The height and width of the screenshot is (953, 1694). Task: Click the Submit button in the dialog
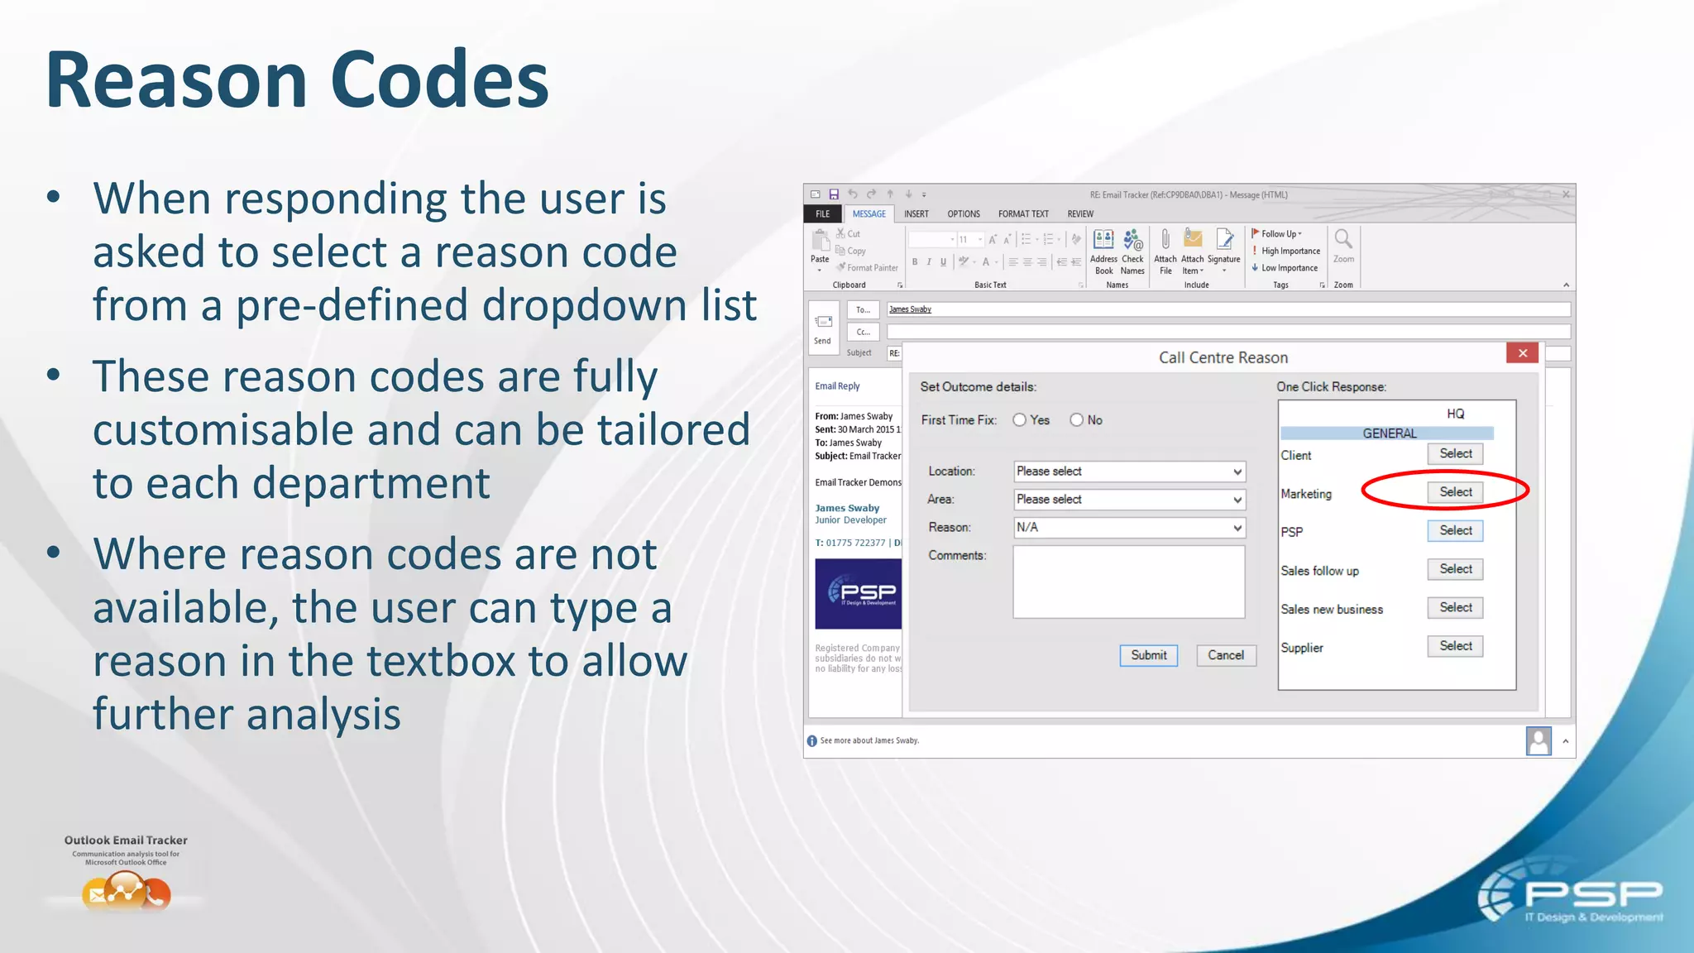pyautogui.click(x=1148, y=655)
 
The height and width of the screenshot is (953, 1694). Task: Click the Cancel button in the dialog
pyautogui.click(x=1225, y=655)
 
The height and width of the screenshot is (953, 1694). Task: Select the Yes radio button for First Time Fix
pyautogui.click(x=1020, y=420)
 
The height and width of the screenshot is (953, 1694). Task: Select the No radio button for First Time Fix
pyautogui.click(x=1076, y=420)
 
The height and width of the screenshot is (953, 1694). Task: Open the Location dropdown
pyautogui.click(x=1129, y=472)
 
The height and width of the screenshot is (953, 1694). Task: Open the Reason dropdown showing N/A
pyautogui.click(x=1129, y=528)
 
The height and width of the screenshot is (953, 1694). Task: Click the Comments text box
pyautogui.click(x=1128, y=582)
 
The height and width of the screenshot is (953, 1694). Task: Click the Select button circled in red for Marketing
pyautogui.click(x=1455, y=492)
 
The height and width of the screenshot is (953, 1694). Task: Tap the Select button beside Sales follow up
pyautogui.click(x=1455, y=569)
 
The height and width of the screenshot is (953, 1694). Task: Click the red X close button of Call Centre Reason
pyautogui.click(x=1522, y=353)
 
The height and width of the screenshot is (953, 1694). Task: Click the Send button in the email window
pyautogui.click(x=823, y=328)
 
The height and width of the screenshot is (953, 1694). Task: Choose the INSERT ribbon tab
pyautogui.click(x=916, y=214)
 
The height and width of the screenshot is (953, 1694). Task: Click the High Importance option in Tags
pyautogui.click(x=1290, y=251)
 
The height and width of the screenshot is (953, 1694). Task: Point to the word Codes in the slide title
pyautogui.click(x=439, y=80)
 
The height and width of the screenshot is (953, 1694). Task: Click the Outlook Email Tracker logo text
pyautogui.click(x=126, y=840)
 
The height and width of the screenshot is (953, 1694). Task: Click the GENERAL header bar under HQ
pyautogui.click(x=1388, y=433)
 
